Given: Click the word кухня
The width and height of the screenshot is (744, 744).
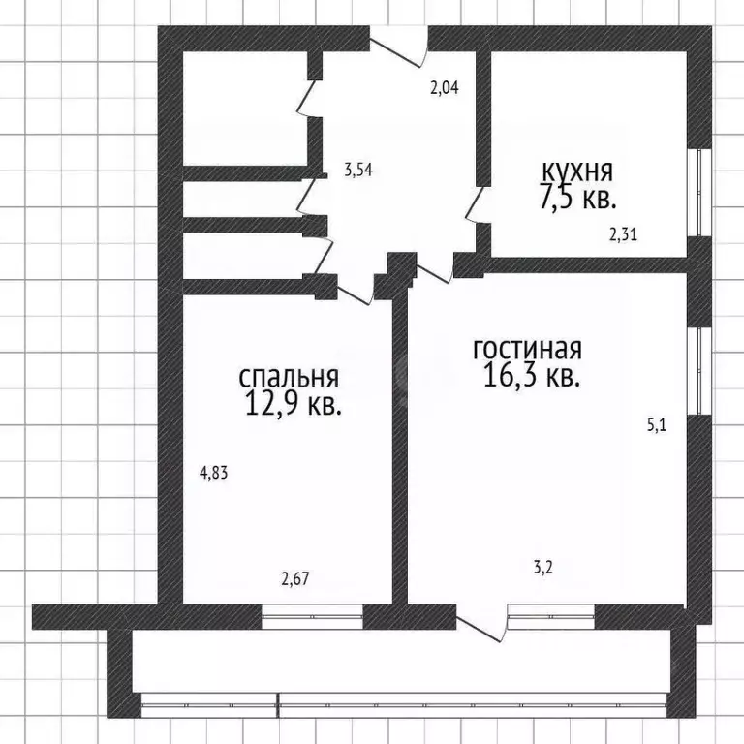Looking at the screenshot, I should point(576,171).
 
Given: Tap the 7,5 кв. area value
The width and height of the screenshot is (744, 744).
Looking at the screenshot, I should point(578,199).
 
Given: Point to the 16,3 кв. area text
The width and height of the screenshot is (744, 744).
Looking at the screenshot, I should point(532,376).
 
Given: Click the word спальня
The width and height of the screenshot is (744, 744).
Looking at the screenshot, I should point(289,376).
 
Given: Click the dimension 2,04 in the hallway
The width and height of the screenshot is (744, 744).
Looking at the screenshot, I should point(444,88).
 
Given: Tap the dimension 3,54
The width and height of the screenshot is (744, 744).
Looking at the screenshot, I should point(358,170).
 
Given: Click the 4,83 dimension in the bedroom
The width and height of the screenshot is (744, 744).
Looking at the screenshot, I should point(214,474).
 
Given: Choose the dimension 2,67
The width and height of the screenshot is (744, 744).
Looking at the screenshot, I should point(295,580).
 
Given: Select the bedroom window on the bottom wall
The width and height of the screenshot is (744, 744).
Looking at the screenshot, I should point(312,616).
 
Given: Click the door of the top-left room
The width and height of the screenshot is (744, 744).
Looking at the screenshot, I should point(308,98).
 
